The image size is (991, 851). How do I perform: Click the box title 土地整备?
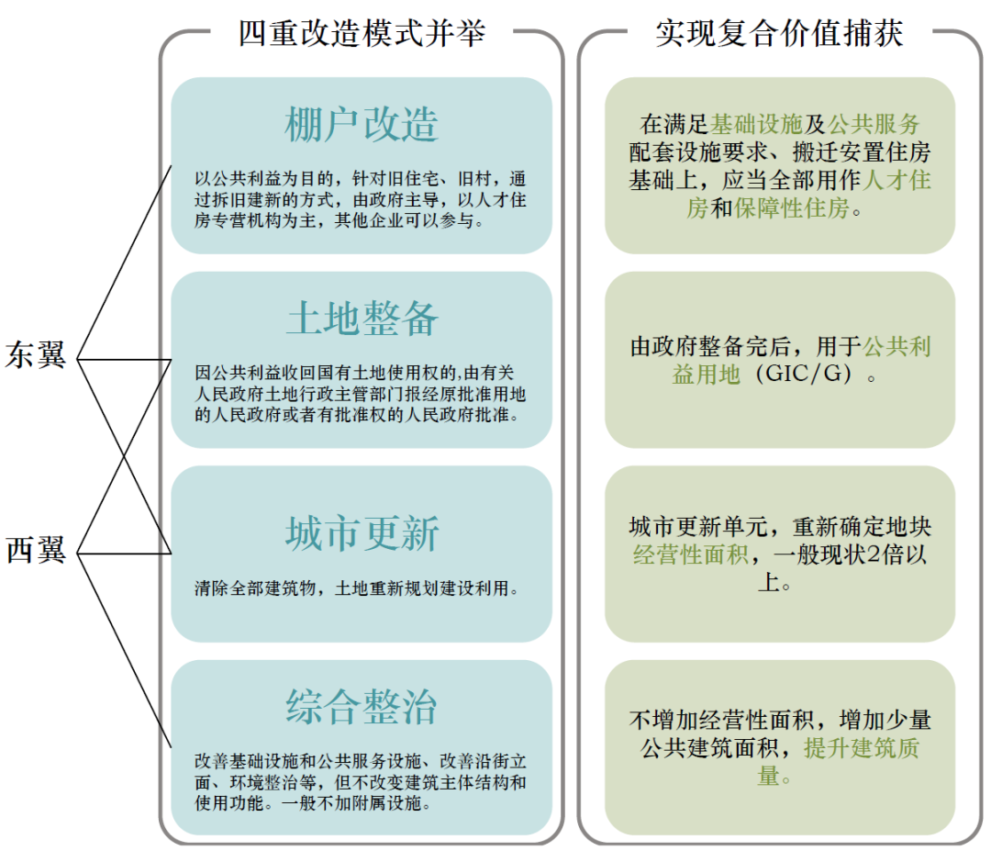coord(362,319)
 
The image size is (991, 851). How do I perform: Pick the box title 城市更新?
coord(362,533)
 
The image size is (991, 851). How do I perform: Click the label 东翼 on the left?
coord(37,355)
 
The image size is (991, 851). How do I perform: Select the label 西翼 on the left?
coord(37,550)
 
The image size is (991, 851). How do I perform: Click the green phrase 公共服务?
coord(874,125)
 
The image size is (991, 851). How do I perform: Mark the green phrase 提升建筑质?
coord(862,747)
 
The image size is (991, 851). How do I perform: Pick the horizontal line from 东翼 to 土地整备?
coord(124,359)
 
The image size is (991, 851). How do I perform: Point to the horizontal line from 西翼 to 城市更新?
coord(124,554)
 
